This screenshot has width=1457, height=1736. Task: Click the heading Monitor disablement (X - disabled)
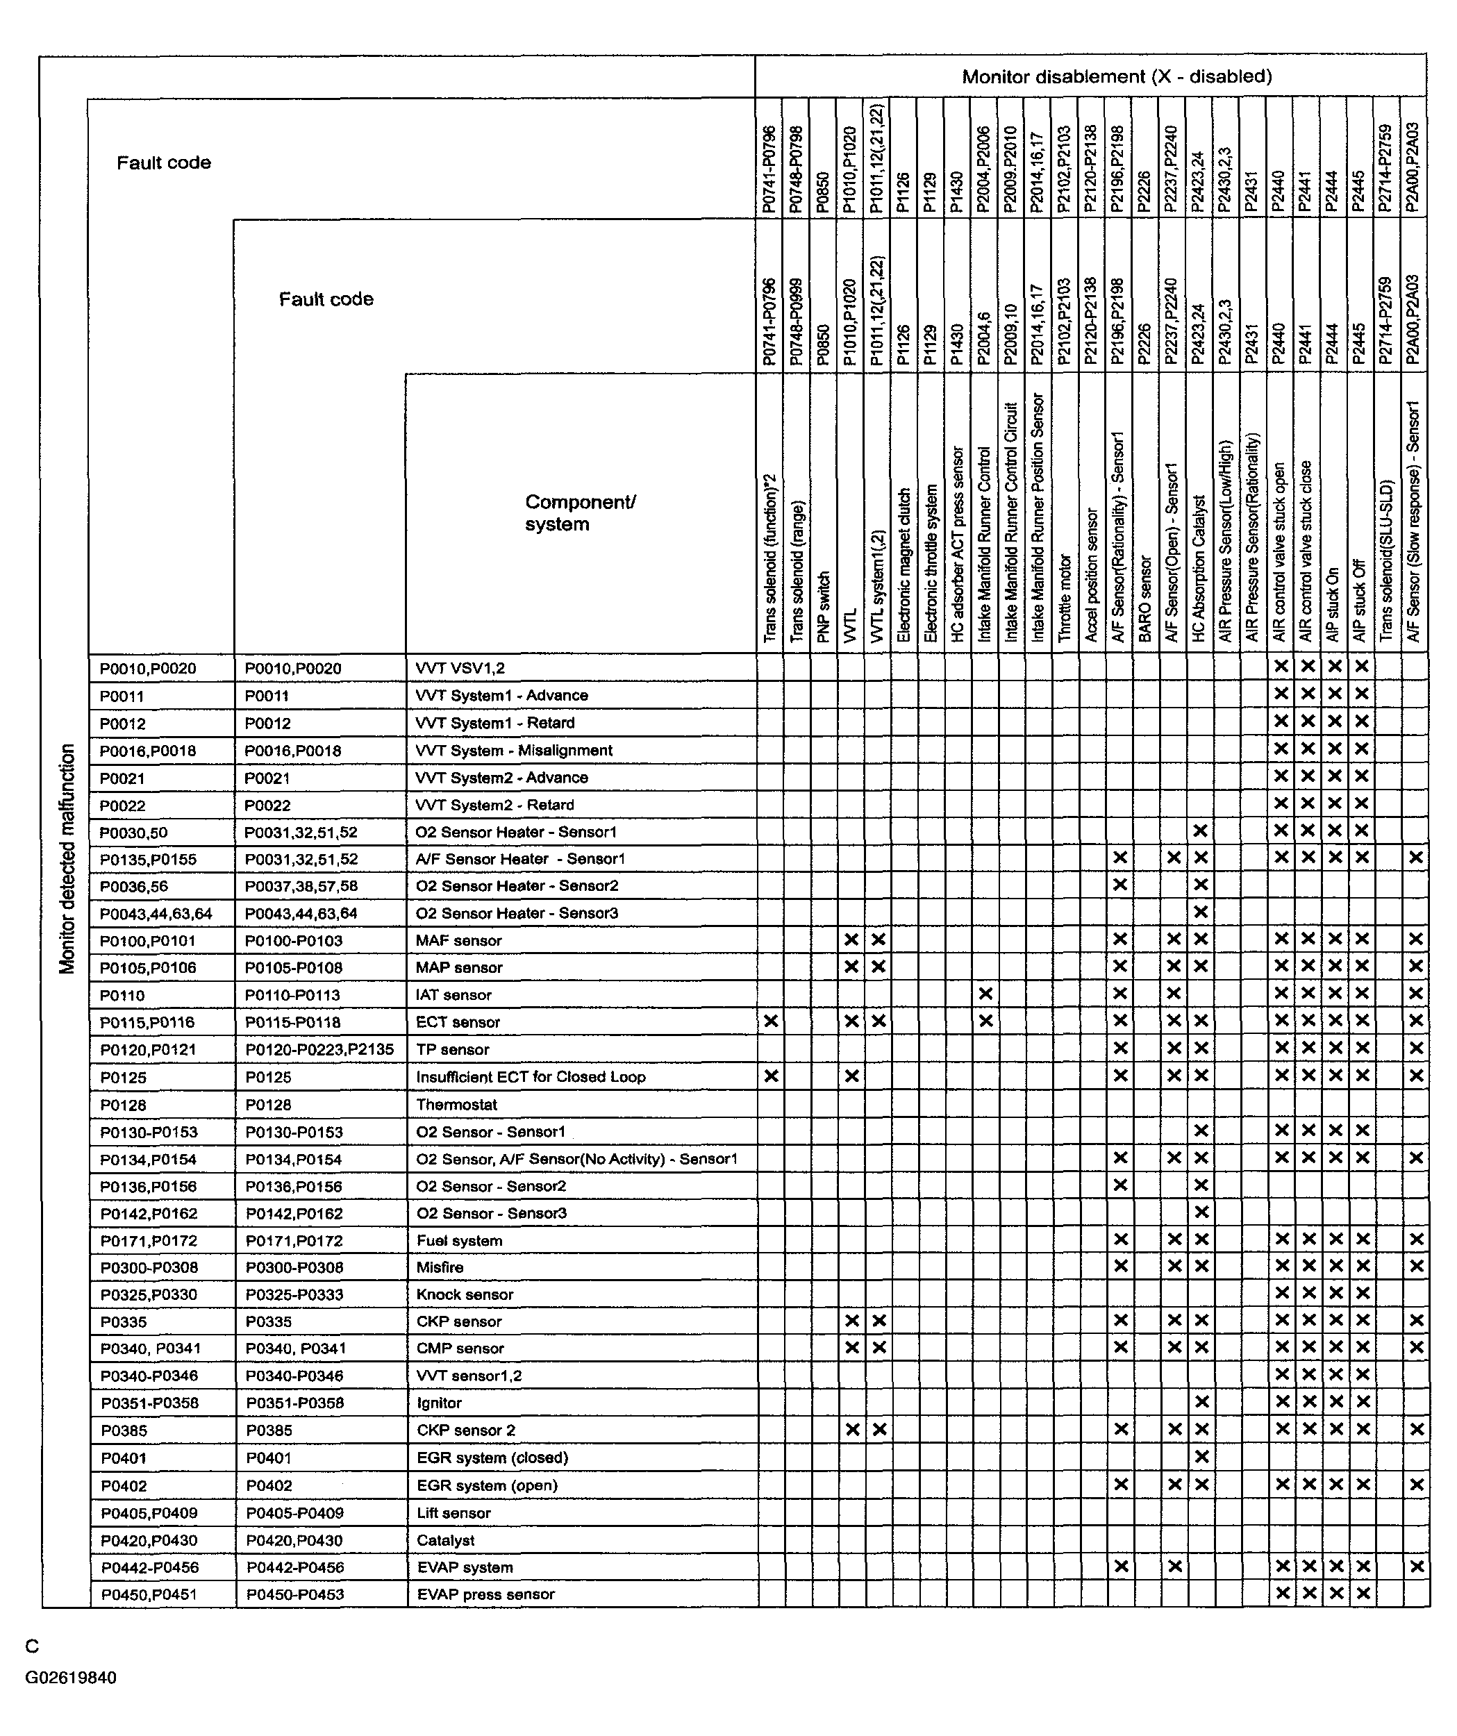point(1116,77)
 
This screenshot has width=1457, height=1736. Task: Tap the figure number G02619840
point(70,1677)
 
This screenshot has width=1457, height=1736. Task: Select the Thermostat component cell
point(456,1104)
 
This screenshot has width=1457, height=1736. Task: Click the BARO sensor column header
point(1145,599)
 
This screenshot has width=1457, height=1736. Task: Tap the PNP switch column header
point(823,607)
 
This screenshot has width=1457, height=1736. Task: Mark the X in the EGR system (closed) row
point(1201,1457)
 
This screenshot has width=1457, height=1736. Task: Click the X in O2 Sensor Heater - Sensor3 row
point(1201,912)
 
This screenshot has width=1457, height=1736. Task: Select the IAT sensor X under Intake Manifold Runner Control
point(985,994)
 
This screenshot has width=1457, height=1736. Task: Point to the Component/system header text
point(580,512)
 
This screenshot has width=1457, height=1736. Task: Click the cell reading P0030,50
point(133,833)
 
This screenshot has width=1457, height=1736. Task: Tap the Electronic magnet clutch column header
point(904,565)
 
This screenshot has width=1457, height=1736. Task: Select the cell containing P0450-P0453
point(294,1594)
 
